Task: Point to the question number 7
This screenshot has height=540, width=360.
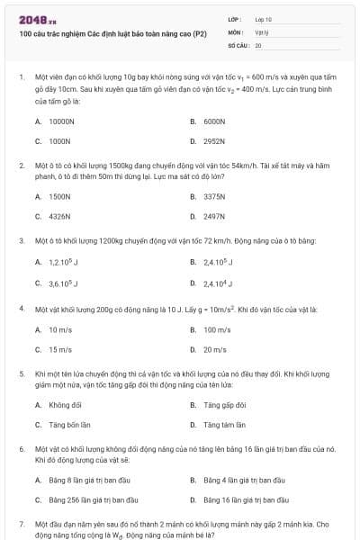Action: [21, 523]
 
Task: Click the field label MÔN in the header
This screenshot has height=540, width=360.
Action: [235, 31]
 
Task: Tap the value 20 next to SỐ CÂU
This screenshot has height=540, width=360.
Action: [258, 44]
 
